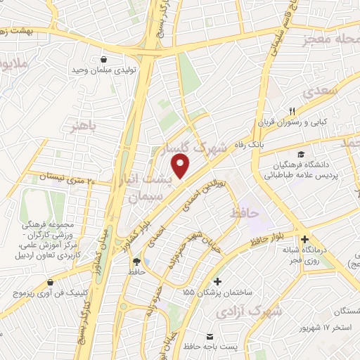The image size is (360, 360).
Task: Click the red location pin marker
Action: (x=181, y=167)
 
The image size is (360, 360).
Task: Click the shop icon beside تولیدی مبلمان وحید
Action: (x=105, y=60)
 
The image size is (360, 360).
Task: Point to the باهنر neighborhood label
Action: (x=82, y=126)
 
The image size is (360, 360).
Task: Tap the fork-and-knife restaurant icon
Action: (x=292, y=109)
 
